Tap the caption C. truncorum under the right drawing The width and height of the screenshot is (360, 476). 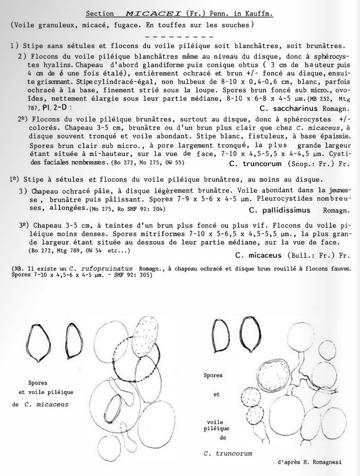228,453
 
